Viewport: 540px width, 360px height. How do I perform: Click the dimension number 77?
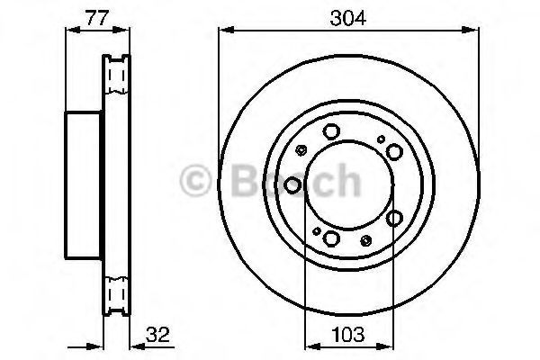pos(97,18)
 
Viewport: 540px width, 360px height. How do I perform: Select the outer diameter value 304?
pos(347,18)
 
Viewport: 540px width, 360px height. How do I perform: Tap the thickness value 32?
pos(157,335)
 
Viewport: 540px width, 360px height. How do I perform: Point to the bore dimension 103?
pos(347,335)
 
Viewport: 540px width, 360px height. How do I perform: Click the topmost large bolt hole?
pos(331,131)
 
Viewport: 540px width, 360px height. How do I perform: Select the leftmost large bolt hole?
pos(292,185)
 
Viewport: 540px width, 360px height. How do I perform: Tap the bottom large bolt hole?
pos(331,238)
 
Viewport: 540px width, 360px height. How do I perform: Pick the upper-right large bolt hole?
pos(395,151)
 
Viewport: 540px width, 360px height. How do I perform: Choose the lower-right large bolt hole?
pos(395,218)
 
